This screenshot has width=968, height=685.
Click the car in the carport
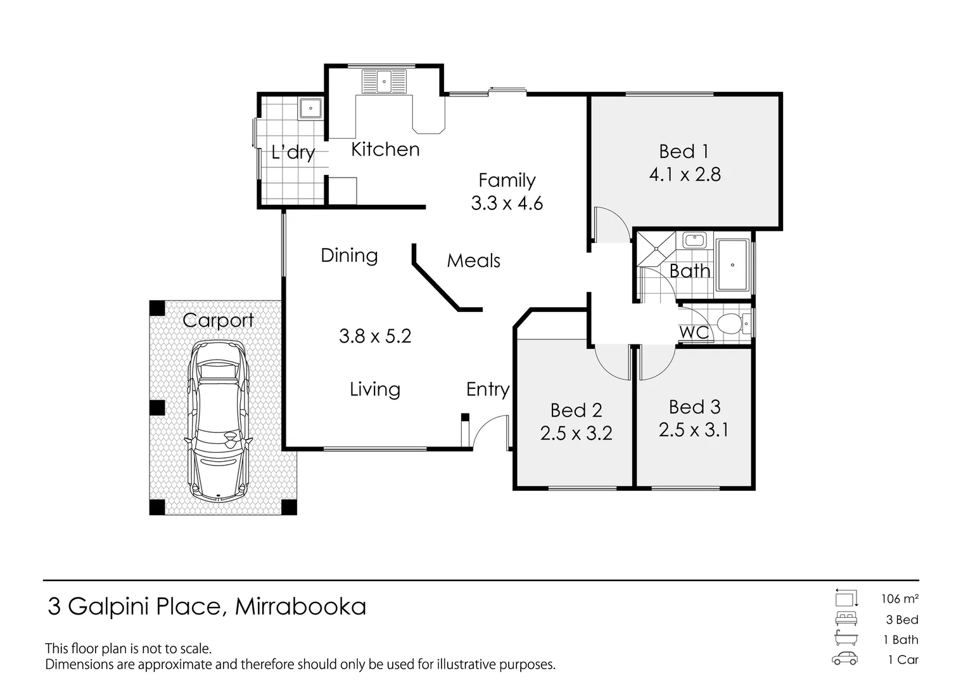coord(218,421)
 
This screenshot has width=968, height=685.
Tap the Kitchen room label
coord(385,150)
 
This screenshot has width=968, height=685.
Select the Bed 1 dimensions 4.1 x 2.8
coord(685,174)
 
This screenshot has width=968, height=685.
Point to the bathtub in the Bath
coord(732,265)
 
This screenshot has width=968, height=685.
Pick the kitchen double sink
coord(383,82)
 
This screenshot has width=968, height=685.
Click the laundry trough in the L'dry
coord(310,108)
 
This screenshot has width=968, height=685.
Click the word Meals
coord(473,261)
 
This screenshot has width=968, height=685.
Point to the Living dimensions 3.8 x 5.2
coord(375,336)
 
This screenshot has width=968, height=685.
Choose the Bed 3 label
coord(694,407)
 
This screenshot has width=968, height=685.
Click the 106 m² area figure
coord(900,598)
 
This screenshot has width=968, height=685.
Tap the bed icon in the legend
coord(846,618)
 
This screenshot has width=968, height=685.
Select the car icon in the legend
coord(845,658)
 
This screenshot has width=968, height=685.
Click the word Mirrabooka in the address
coord(300,607)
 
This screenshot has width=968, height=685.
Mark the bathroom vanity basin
coord(695,240)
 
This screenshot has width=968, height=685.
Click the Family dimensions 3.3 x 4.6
coord(507,204)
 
